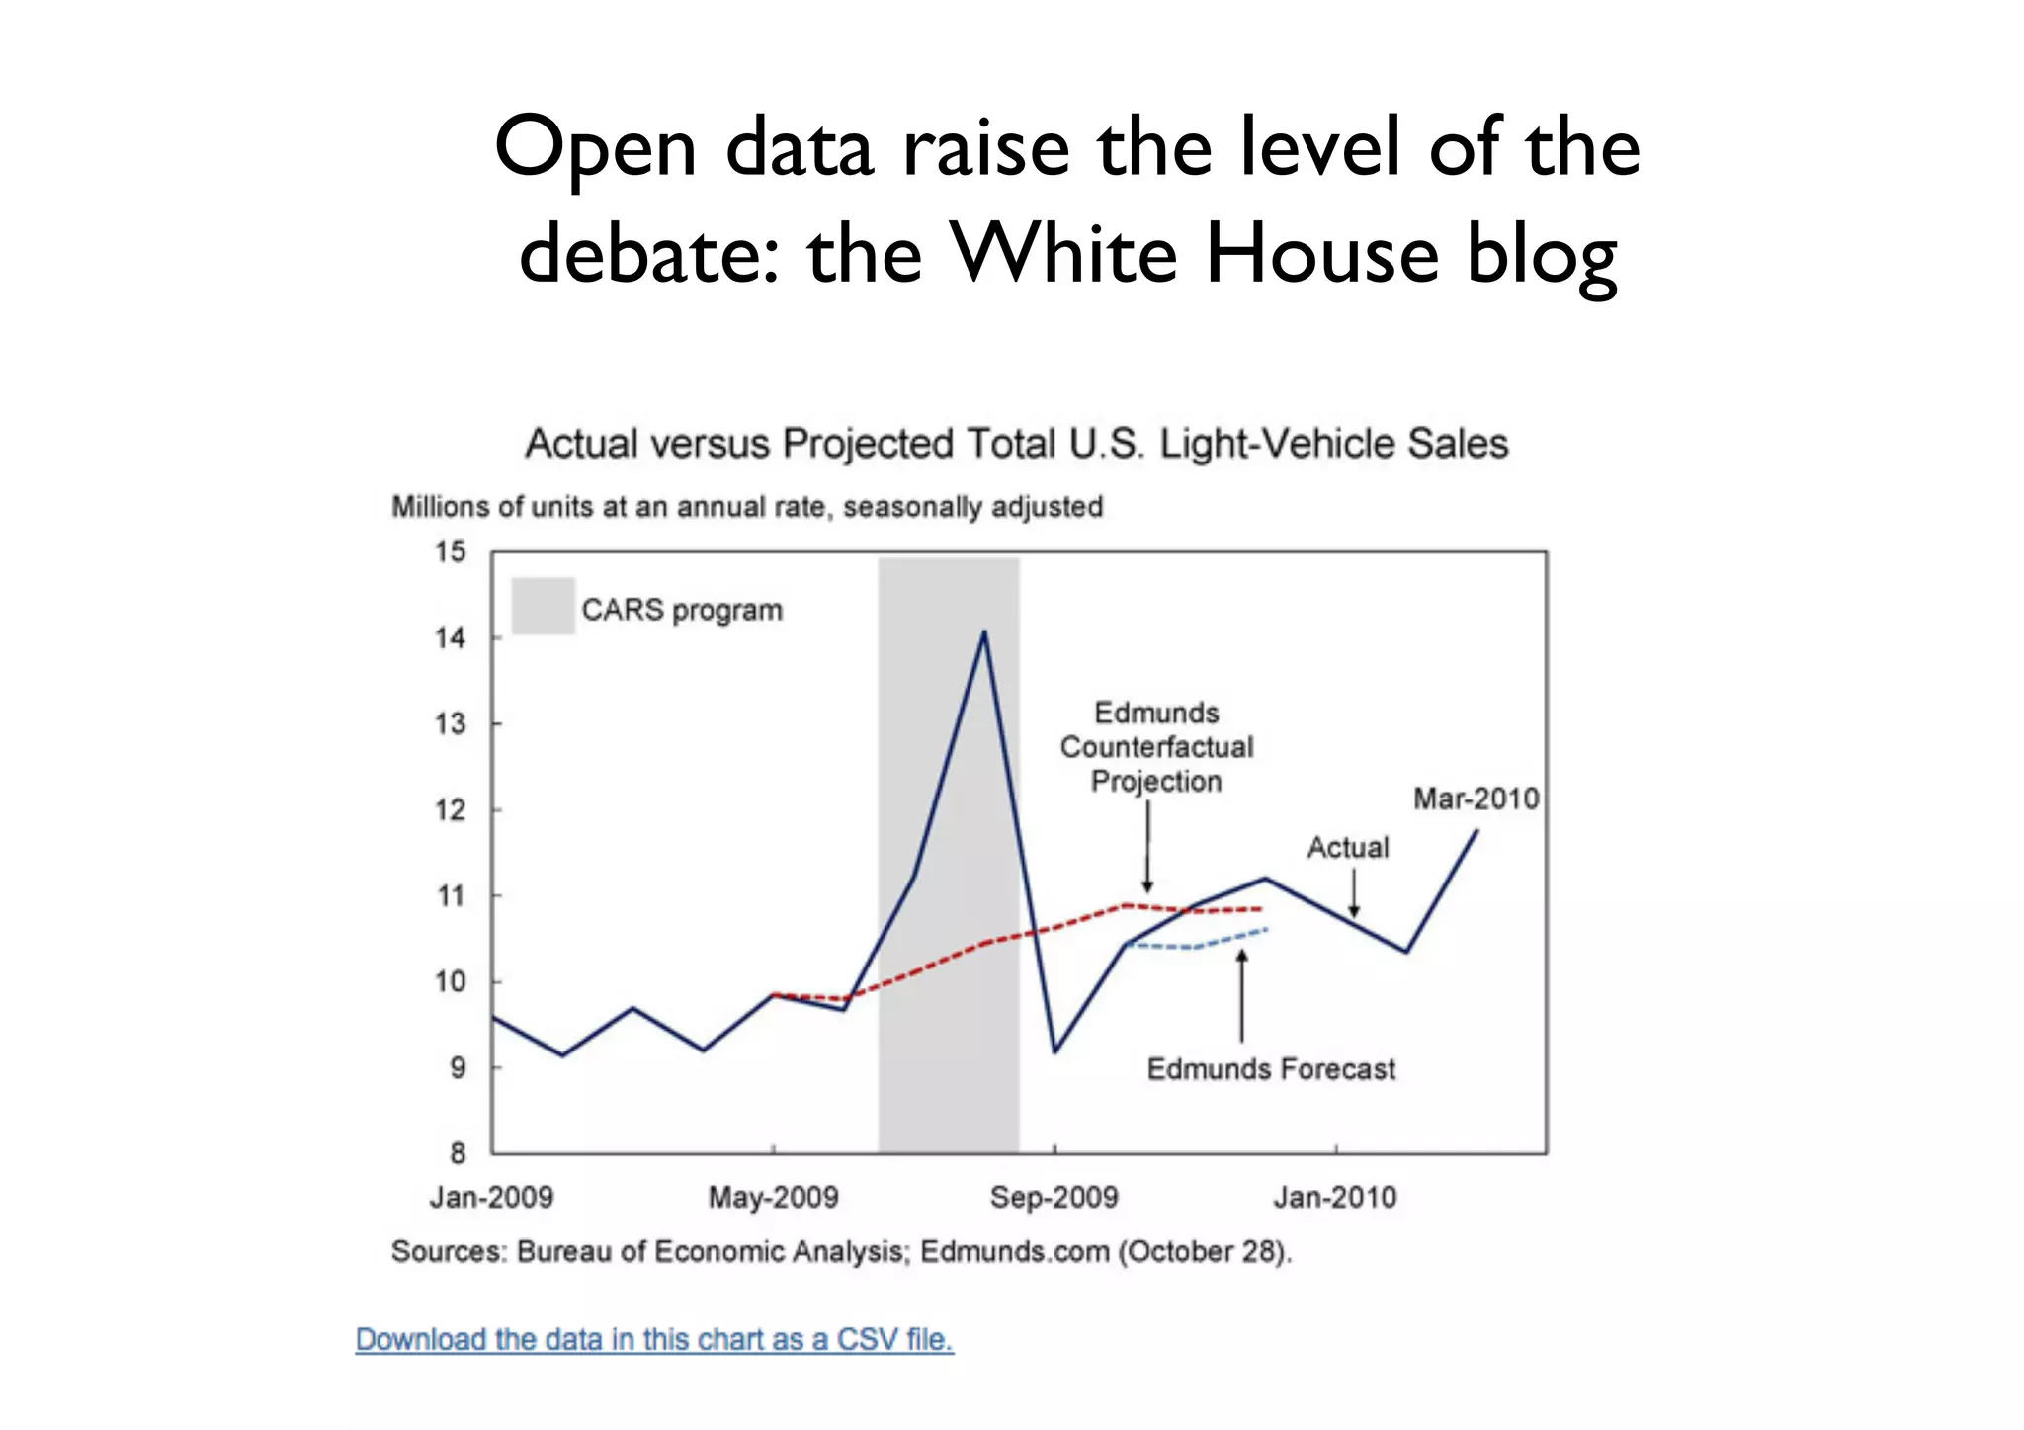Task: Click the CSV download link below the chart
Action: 654,1339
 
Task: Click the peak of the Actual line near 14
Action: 984,632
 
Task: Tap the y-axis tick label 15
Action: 450,551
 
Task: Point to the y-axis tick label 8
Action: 457,1152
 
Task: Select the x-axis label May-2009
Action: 773,1197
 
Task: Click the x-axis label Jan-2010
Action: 1335,1197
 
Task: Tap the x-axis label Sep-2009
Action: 1054,1197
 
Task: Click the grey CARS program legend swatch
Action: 543,606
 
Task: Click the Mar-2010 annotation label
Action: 1476,799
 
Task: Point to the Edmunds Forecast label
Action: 1271,1069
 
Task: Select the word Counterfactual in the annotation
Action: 1156,747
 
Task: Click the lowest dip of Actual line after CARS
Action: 1055,1051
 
